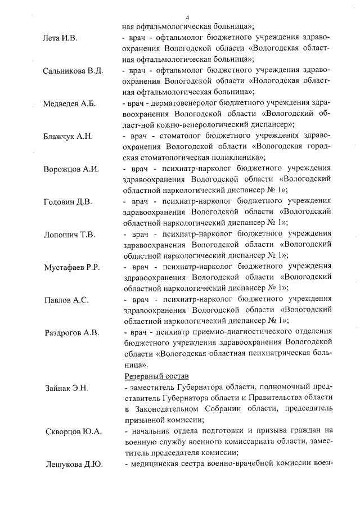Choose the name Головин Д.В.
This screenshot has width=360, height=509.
click(68, 201)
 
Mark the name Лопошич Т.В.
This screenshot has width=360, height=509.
click(69, 234)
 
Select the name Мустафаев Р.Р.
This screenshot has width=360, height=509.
click(72, 267)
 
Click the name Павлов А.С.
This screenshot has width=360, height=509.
click(66, 300)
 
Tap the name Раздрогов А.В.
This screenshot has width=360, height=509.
click(71, 332)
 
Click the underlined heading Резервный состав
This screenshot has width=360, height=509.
click(156, 375)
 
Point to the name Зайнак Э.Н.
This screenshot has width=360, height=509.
click(66, 388)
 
